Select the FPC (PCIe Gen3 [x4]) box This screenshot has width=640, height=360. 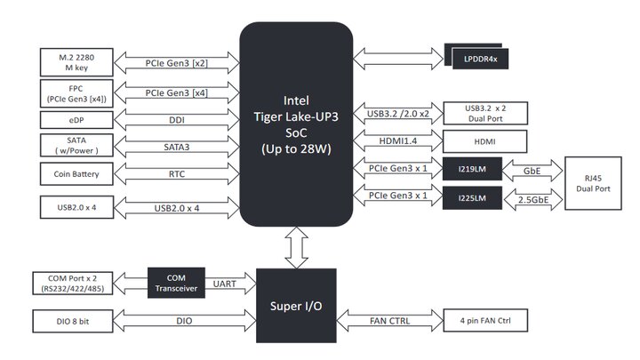click(x=76, y=92)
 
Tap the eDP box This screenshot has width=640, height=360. click(x=76, y=118)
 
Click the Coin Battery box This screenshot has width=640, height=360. click(x=76, y=173)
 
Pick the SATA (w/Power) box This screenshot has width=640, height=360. click(x=76, y=145)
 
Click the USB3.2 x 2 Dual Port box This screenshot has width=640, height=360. click(x=485, y=113)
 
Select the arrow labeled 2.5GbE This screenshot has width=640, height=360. click(x=532, y=200)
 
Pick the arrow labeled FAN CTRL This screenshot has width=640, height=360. click(x=391, y=320)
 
